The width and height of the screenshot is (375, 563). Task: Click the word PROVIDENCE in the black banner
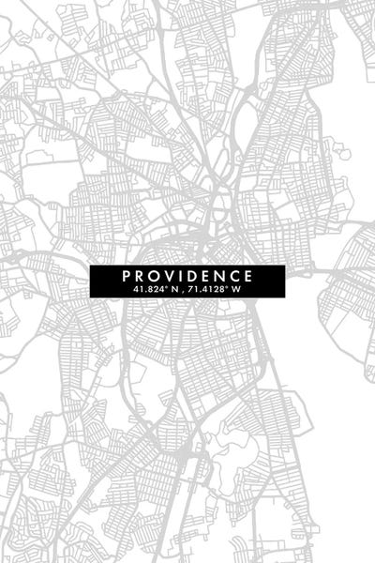point(187,276)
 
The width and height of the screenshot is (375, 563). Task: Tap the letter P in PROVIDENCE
point(126,276)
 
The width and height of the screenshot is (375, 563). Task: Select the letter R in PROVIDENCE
point(140,276)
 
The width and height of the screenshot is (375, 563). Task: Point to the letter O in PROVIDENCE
point(155,276)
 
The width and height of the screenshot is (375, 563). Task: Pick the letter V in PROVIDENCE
point(170,276)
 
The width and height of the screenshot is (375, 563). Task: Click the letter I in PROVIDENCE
point(181,276)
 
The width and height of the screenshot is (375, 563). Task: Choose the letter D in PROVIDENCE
point(192,276)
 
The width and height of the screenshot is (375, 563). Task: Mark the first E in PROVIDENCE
point(206,276)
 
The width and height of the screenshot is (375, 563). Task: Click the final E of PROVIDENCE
point(248,276)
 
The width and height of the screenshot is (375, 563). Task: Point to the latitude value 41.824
point(147,289)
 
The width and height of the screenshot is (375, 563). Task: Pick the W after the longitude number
point(236,289)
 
